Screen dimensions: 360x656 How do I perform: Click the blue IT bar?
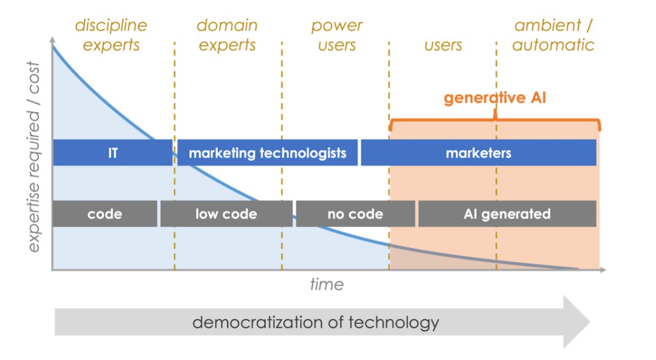click(112, 153)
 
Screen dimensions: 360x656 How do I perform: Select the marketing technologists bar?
click(267, 153)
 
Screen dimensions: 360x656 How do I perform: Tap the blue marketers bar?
click(478, 153)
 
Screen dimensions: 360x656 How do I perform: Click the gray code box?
click(104, 214)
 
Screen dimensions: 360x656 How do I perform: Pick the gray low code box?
click(226, 214)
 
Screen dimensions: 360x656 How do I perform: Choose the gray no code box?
click(355, 214)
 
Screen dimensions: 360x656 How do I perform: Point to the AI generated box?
click(507, 214)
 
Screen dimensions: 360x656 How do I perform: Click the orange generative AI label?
click(495, 98)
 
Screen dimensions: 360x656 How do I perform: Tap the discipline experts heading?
click(111, 35)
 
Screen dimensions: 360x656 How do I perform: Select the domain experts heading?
click(227, 35)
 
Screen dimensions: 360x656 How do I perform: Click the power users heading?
click(336, 35)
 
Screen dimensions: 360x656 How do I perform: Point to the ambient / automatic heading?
click(553, 35)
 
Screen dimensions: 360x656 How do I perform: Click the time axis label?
click(327, 285)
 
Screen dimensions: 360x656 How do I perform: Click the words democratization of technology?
click(316, 322)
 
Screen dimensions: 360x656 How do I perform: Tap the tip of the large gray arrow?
click(589, 322)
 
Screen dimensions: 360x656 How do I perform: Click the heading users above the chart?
click(443, 45)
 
